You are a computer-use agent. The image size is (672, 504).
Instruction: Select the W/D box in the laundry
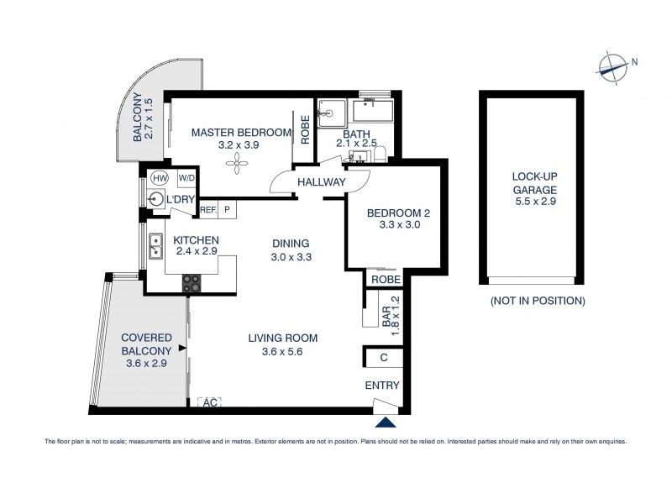186,178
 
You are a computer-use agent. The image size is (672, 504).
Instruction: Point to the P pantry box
227,211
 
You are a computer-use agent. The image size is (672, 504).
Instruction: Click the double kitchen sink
156,246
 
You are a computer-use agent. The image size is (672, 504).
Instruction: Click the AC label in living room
210,402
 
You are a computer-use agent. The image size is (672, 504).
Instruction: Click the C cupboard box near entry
383,358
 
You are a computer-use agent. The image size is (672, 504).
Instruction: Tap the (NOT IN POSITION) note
537,300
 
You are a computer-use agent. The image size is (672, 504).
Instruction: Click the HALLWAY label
321,182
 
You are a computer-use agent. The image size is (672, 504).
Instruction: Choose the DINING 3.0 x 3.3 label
291,250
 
